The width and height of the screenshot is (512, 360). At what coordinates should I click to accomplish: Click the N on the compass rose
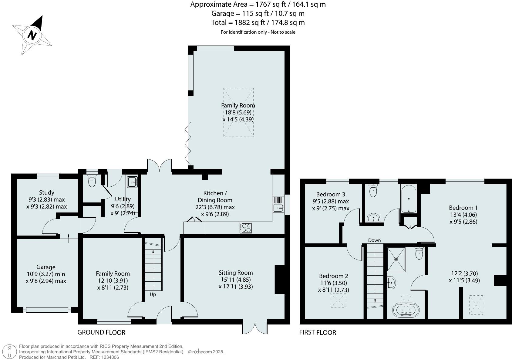coord(32,35)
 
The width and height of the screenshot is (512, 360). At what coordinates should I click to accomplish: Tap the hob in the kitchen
coord(245,228)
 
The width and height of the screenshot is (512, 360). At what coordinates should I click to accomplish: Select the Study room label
coord(47,192)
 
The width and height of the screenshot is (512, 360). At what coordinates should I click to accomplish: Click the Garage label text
coord(46,267)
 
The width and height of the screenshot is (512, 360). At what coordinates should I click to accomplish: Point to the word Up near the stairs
coord(153,294)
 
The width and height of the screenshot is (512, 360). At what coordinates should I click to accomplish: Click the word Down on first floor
coord(374,240)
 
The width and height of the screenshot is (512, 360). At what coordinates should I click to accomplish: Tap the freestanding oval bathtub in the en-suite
coord(406,310)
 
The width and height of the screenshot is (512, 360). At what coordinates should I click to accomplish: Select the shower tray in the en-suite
coord(396,259)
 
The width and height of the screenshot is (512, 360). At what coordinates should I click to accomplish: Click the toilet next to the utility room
coord(92,181)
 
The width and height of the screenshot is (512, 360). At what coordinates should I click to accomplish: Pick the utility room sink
coord(133,182)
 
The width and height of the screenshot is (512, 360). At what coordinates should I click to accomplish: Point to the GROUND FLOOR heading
coord(101,332)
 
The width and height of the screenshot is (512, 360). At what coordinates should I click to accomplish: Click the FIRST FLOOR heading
coord(318,332)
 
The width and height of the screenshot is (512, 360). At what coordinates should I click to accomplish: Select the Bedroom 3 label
coord(331,194)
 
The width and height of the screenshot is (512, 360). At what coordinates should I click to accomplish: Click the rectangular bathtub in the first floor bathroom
coord(409,199)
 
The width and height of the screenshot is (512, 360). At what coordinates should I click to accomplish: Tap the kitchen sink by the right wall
coord(278,208)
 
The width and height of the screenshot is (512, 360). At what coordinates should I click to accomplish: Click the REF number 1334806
coord(110,357)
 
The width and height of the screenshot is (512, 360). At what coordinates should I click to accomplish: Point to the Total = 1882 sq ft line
coord(258,22)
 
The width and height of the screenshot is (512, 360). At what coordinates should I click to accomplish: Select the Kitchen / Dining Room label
coord(215,196)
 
